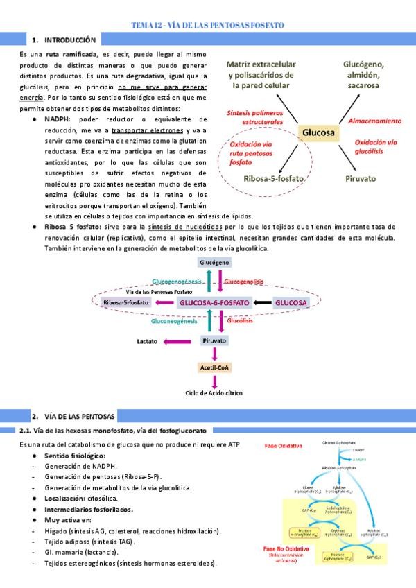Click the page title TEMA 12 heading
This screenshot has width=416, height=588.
click(x=208, y=25)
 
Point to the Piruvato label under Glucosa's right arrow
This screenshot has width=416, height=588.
click(x=361, y=178)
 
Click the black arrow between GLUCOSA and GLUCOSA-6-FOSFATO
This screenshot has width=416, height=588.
click(x=262, y=302)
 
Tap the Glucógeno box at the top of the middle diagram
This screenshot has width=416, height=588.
click(x=215, y=263)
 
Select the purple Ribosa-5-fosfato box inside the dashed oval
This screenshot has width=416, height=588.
click(x=125, y=302)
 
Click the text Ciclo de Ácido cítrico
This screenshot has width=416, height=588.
click(x=215, y=393)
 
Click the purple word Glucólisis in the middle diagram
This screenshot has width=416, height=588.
click(x=239, y=321)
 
